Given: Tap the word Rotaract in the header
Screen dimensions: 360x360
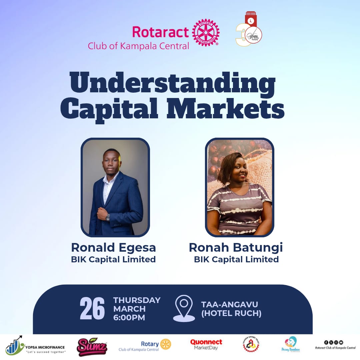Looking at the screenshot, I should coord(161,32).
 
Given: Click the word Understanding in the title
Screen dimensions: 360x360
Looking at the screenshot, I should coord(173,84).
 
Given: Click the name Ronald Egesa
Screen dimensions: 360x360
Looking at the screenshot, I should coord(113,248).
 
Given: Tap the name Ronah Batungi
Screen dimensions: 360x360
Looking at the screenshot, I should coord(236,248).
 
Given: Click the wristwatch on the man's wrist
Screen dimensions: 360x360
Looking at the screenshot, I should coord(108,217).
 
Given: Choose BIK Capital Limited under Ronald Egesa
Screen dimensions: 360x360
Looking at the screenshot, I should coord(113,259).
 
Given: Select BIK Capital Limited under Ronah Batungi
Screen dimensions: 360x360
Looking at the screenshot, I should coord(236,259).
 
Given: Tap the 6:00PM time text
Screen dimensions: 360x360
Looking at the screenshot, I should coord(129,318).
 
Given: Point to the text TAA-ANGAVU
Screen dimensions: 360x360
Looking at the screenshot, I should coord(230,304).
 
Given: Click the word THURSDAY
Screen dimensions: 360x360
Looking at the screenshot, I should coord(137,300).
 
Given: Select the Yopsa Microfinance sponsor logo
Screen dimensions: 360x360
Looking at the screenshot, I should coord(36,347).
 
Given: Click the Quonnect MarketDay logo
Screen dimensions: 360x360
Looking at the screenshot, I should coord(206,344).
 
